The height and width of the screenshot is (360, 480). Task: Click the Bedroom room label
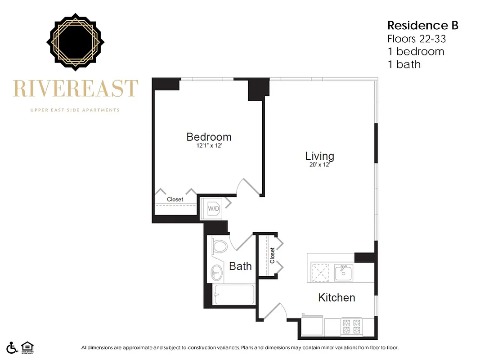coord(209,137)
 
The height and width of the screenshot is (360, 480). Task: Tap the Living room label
coord(319,156)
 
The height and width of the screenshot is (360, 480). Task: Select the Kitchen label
coord(336,297)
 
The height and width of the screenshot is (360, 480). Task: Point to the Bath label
coord(240,266)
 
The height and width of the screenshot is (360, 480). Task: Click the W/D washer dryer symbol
coord(213,209)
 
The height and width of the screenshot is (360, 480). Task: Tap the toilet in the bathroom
coord(220,246)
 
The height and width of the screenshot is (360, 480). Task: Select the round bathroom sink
coord(216,272)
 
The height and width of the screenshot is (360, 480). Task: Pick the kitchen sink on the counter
coord(343,272)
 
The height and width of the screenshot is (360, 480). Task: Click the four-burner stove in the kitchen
coord(350,326)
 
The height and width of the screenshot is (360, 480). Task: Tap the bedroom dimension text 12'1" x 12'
coord(209,146)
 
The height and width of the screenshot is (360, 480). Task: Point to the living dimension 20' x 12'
coord(319,165)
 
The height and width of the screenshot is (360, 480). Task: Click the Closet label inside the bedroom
coord(175,199)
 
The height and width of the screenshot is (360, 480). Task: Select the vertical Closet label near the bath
coord(272,256)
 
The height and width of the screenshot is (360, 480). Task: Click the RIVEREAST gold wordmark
coord(75,88)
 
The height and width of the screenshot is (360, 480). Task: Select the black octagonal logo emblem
coord(75,42)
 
